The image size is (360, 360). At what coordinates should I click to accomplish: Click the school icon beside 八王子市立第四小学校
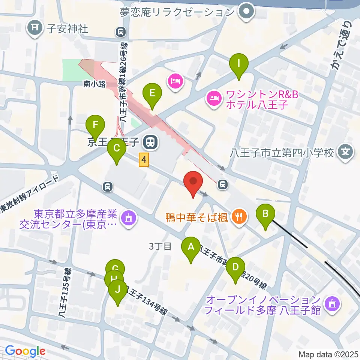click(x=345, y=152)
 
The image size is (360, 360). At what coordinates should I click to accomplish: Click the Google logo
click(x=25, y=351)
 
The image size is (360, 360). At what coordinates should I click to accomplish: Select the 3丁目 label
click(x=160, y=246)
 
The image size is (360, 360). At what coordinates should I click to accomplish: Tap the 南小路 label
click(x=94, y=84)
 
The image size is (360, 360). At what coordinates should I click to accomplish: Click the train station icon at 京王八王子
click(x=151, y=142)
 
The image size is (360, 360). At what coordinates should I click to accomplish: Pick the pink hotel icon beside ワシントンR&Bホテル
click(x=213, y=99)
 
